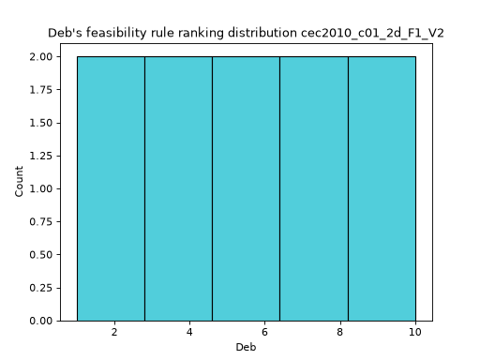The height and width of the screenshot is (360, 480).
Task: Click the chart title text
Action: (x=246, y=33)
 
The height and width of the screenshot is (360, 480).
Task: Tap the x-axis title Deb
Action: (x=246, y=347)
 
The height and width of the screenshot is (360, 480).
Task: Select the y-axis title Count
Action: (x=19, y=182)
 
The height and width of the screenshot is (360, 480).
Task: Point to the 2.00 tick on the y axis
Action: (x=41, y=57)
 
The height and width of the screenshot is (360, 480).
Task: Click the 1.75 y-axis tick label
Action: (x=41, y=90)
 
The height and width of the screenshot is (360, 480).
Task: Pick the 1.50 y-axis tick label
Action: (x=41, y=123)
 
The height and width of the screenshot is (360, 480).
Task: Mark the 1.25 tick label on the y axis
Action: (x=41, y=156)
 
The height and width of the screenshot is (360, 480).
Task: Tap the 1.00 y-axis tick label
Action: (x=41, y=189)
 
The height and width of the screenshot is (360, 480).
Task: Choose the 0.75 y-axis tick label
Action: (x=41, y=222)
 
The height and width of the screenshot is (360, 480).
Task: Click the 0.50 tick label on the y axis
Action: (x=41, y=255)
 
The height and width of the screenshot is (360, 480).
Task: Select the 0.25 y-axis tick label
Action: (x=41, y=288)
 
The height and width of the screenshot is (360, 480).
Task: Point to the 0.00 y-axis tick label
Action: (x=41, y=321)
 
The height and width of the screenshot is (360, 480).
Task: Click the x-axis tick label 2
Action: (x=114, y=332)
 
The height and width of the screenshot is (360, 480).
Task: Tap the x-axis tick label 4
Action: (x=189, y=332)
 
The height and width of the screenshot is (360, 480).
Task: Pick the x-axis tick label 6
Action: (x=264, y=332)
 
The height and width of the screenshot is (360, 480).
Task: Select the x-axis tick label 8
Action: (x=340, y=332)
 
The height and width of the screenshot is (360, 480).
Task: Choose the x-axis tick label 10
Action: (x=415, y=332)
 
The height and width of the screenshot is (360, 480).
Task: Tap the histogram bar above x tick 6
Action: (x=247, y=188)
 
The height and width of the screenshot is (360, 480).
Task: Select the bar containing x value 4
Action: (x=179, y=188)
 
